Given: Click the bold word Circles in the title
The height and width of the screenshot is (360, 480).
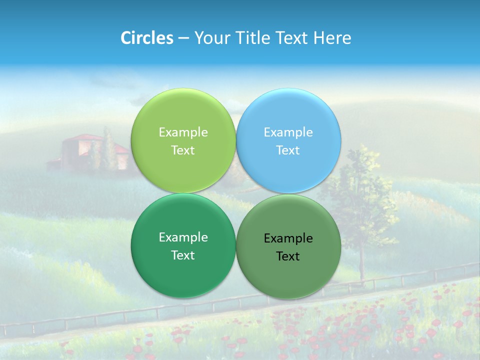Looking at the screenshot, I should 147,38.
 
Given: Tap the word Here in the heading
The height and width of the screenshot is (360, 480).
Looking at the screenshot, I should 332,38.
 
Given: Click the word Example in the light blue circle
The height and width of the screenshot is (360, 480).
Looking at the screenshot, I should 288,132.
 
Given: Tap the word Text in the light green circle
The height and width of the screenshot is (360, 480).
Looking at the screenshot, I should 183,150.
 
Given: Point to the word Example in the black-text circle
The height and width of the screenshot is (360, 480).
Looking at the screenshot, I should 288,238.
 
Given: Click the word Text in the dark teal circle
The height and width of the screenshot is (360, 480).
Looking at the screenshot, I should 183,255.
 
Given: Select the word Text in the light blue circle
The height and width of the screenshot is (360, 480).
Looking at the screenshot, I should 288,150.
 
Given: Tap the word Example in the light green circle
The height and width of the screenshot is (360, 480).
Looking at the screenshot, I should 183,132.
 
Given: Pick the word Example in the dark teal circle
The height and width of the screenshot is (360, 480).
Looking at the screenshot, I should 183,237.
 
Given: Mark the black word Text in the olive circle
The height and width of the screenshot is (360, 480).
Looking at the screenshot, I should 288,256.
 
